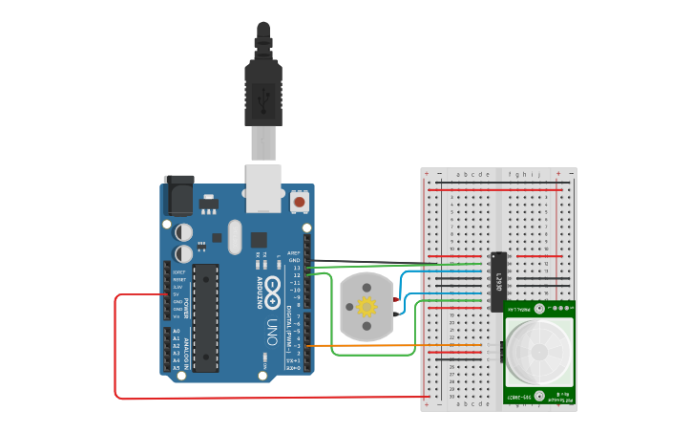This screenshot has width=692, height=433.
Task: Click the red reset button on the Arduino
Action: pos(300,202)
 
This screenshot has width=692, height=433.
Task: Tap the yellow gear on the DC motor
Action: pos(367,306)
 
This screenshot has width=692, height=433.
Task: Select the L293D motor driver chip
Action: pos(497,281)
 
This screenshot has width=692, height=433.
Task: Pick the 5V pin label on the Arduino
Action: pos(178,293)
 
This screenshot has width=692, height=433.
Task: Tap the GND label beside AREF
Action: pos(294,260)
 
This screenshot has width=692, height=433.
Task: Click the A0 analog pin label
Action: pos(176,331)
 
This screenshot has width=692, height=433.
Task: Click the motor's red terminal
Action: pos(395,299)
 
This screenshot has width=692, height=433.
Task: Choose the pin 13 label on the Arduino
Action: pos(296,268)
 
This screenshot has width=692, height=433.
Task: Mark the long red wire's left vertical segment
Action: pos(115,344)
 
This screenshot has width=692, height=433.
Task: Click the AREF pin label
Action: pos(294,253)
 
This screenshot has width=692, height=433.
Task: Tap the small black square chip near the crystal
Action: pos(259,239)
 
